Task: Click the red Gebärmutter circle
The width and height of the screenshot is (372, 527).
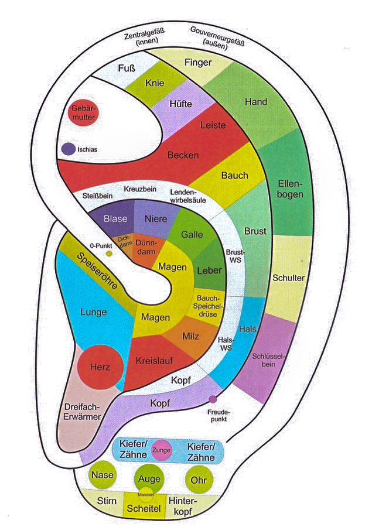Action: pos(84,114)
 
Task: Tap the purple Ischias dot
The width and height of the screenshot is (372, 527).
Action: pos(68,149)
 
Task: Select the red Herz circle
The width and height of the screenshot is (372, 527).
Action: pos(100,367)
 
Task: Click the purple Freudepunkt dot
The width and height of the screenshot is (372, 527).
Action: pos(212,399)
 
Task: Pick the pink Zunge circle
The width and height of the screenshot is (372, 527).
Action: pos(161,450)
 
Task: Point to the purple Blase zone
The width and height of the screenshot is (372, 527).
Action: pos(115,218)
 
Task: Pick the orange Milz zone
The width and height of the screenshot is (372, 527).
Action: pos(190,336)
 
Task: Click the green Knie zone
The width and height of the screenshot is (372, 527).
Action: pos(153,83)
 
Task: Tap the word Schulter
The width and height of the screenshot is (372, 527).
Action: pos(288,278)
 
